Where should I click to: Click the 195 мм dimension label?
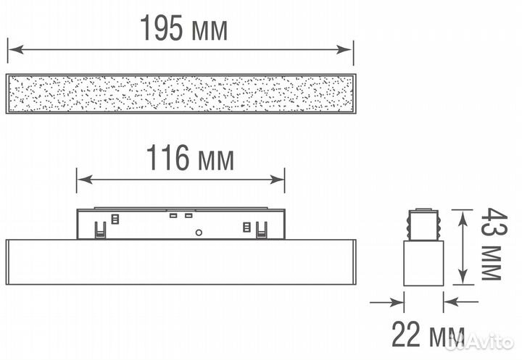pos(183,28)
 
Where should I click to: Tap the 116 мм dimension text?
pos(190,158)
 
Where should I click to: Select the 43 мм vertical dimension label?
pos(494,244)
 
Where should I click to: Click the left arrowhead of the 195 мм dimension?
pos(16,49)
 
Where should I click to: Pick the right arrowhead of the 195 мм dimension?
pos(344,49)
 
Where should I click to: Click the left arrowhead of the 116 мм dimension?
pos(85,180)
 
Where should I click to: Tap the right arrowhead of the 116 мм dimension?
pos(277,180)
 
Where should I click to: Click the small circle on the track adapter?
pos(199,233)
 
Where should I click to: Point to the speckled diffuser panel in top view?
pos(181,93)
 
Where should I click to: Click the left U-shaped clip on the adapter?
pos(100,230)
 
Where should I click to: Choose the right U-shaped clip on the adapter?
pos(261,230)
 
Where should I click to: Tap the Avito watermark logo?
pos(479,342)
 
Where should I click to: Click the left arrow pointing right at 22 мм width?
pos(387,303)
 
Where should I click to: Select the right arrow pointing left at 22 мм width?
pos(461,302)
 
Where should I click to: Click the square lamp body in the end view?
pos(423,263)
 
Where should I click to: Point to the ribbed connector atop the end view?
pos(423,225)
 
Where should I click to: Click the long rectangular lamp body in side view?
pos(181,261)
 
